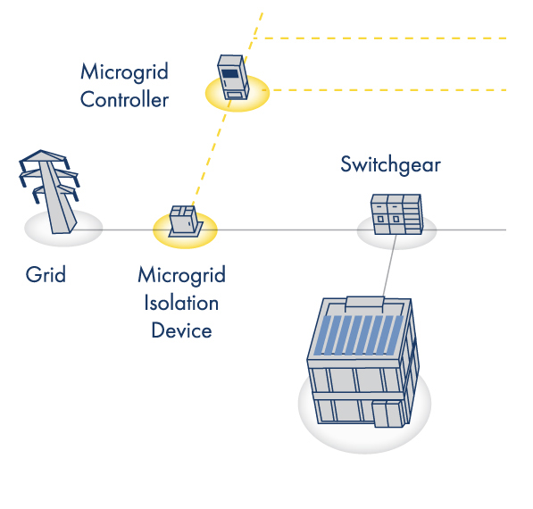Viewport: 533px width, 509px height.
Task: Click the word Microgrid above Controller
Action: click(x=124, y=72)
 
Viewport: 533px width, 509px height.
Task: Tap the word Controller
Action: click(x=124, y=99)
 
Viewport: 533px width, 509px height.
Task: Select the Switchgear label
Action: click(x=390, y=165)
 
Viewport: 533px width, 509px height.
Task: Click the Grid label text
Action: click(x=46, y=274)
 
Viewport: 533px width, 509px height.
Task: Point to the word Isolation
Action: click(x=181, y=303)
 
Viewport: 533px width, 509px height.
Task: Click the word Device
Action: click(x=181, y=330)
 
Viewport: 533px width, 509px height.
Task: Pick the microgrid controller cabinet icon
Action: click(x=233, y=77)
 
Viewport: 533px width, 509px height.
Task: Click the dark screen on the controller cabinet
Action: click(x=229, y=74)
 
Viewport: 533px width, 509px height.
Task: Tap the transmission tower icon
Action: click(x=50, y=191)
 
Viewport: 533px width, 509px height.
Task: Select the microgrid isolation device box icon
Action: click(x=186, y=221)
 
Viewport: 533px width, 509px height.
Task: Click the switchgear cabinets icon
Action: click(x=396, y=214)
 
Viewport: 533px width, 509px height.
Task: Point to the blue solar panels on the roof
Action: click(x=358, y=335)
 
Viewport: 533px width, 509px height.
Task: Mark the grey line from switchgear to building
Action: click(x=389, y=266)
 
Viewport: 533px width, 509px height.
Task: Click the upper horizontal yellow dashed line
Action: click(x=380, y=38)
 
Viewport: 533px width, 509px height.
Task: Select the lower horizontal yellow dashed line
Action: click(x=384, y=90)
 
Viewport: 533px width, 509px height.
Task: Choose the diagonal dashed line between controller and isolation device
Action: click(x=209, y=154)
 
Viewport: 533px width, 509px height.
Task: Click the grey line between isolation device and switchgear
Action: click(x=287, y=229)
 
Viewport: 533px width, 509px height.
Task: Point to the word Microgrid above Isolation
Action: click(x=181, y=275)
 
